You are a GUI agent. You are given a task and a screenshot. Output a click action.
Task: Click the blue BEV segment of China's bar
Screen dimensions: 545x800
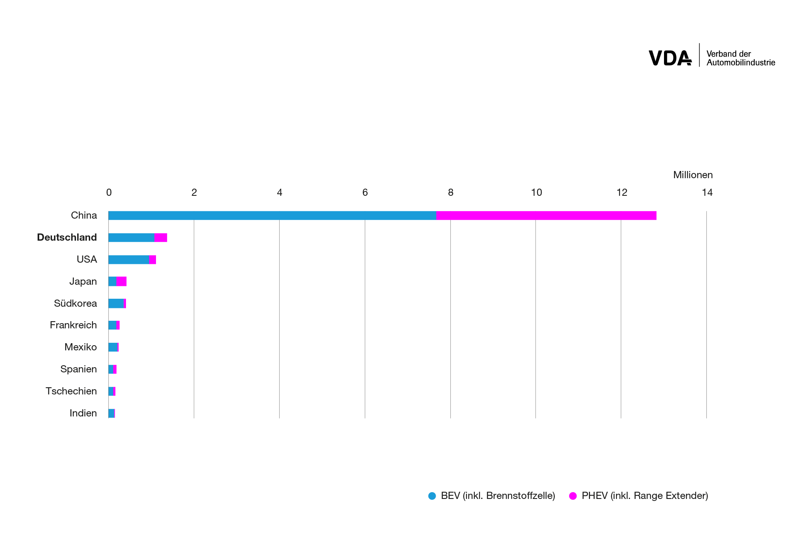[x=272, y=215]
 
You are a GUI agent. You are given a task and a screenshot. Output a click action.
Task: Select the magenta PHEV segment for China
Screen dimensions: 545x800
[x=546, y=215]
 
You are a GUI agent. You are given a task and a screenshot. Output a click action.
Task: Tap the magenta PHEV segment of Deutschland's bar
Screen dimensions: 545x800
[x=160, y=237]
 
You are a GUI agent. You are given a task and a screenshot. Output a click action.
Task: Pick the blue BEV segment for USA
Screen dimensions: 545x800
[x=128, y=259]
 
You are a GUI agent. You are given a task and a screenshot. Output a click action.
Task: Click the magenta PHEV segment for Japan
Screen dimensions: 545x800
[x=122, y=282]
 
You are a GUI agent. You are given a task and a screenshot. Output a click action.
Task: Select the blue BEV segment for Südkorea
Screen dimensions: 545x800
[x=116, y=304]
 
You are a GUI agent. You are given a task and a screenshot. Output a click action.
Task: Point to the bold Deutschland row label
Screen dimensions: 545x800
[x=67, y=237]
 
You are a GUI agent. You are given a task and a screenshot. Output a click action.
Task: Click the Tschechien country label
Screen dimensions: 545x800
[x=71, y=391]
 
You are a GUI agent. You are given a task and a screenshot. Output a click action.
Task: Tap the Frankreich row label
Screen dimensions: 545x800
[x=73, y=325]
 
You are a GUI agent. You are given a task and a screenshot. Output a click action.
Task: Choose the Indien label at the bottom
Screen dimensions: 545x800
[x=83, y=413]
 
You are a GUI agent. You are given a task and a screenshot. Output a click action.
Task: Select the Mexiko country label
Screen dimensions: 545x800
[x=81, y=347]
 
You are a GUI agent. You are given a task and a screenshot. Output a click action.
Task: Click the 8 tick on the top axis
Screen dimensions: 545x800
[x=450, y=193]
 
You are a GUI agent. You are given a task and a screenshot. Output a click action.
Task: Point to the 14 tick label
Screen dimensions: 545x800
[x=707, y=193]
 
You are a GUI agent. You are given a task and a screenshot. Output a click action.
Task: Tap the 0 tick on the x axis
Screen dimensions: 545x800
[x=109, y=193]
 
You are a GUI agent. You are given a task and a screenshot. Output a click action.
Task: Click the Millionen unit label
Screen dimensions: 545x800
[x=693, y=175]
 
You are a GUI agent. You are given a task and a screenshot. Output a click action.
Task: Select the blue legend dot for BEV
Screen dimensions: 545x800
[x=432, y=496]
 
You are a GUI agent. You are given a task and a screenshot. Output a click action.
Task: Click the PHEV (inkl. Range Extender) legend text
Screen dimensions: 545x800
[x=645, y=496]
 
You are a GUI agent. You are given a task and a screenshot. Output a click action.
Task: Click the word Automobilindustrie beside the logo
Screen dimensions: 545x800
[x=741, y=63]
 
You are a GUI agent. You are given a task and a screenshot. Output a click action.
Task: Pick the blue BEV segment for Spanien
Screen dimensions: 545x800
[x=111, y=369]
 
